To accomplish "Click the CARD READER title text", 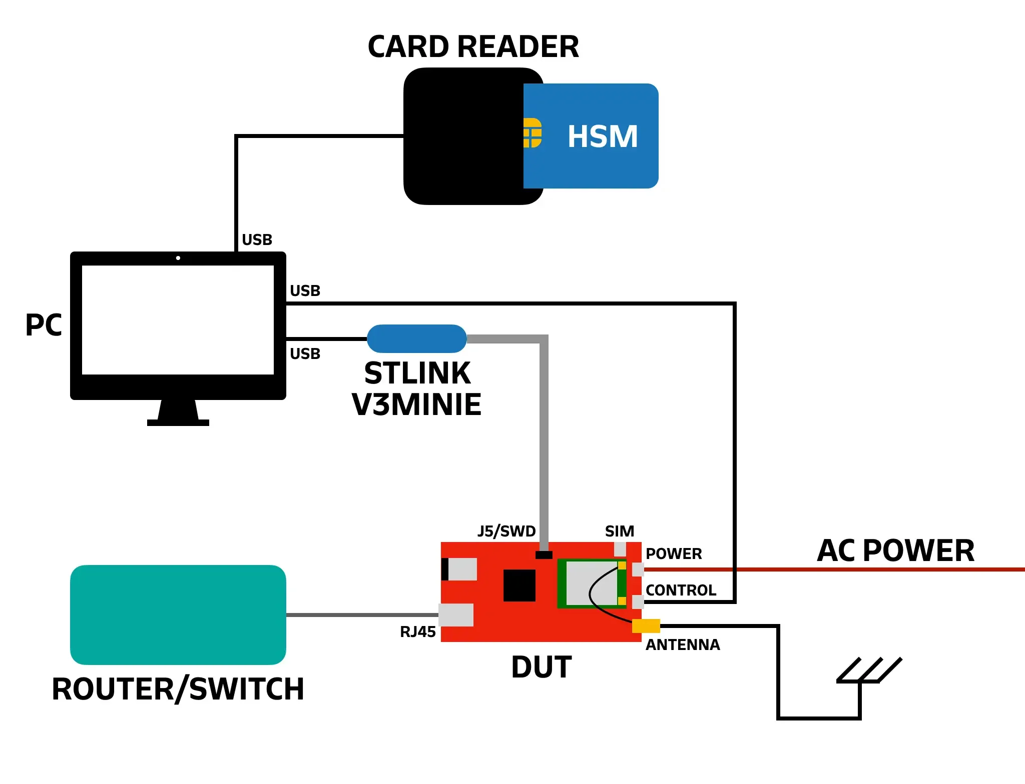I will click(x=473, y=47).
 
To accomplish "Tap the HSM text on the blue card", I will click(x=602, y=136).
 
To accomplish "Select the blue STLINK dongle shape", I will click(x=416, y=338).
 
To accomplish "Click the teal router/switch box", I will click(x=178, y=614).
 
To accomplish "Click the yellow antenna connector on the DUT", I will click(x=646, y=625).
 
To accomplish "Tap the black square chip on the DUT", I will click(x=519, y=585).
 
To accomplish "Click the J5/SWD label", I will click(x=506, y=531).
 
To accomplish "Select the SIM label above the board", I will click(x=619, y=531).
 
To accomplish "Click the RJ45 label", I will click(x=417, y=632).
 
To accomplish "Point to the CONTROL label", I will click(x=681, y=590).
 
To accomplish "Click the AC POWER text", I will click(x=895, y=550).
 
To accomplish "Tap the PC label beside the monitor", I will click(x=44, y=325).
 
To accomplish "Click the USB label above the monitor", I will click(x=257, y=240).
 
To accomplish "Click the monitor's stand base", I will click(x=178, y=422).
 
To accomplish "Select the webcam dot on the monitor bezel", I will click(x=178, y=258).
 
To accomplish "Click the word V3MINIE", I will click(x=416, y=404).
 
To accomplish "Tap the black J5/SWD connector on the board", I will click(x=544, y=554).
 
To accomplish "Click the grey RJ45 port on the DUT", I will click(x=456, y=614).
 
